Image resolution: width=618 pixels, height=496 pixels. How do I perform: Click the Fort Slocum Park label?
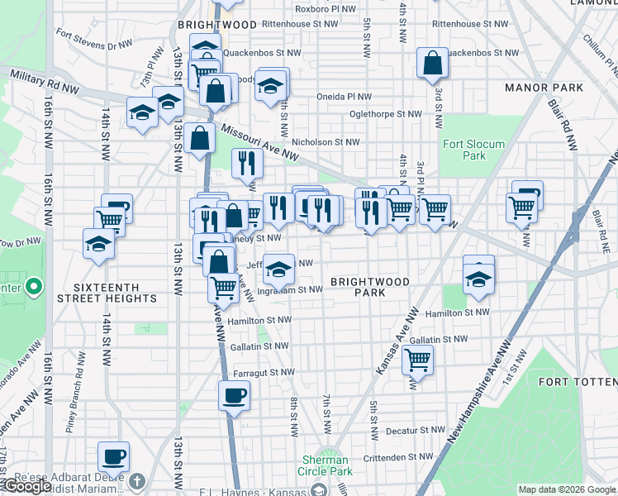[473, 150]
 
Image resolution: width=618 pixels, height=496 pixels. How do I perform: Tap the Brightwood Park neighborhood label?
[369, 287]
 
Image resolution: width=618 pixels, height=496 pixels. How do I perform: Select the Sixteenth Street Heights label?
[105, 298]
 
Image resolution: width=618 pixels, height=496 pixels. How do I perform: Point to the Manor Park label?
[544, 88]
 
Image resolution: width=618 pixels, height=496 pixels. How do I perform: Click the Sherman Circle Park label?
[326, 465]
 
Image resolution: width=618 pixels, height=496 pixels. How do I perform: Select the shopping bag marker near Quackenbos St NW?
[432, 62]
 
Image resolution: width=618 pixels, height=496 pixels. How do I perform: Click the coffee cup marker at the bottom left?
[114, 455]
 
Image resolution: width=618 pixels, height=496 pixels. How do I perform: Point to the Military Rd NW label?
[45, 80]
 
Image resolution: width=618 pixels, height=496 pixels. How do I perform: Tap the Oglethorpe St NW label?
[385, 114]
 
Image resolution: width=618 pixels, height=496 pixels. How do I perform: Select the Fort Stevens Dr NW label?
[93, 38]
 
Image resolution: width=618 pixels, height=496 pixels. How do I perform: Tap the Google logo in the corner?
[26, 486]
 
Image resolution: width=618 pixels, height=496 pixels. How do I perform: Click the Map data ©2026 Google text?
[567, 489]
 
